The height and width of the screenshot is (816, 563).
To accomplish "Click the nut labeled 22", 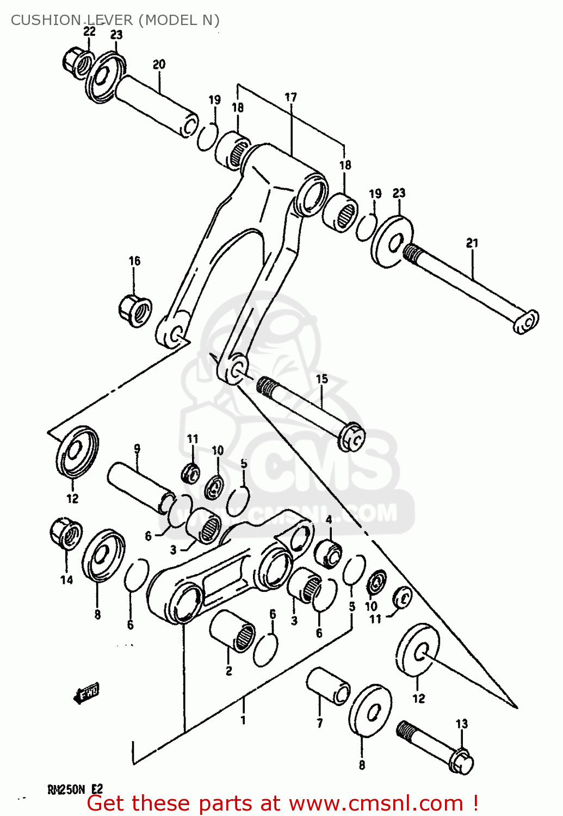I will (76, 61).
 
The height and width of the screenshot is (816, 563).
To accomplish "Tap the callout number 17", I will (291, 97).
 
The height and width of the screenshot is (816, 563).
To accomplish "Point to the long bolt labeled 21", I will (468, 288).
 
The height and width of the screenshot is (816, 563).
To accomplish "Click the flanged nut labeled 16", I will (134, 311).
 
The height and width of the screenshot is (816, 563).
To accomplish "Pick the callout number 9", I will (137, 449).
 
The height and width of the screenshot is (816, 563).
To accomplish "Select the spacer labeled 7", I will (328, 686).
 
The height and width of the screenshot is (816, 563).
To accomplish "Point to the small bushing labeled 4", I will (328, 553).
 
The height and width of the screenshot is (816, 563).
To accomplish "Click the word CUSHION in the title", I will (46, 20).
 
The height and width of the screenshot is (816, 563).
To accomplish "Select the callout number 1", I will (243, 720).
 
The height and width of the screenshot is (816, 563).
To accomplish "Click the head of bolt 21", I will (525, 322).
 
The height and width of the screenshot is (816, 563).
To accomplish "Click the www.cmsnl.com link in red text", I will (375, 803).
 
